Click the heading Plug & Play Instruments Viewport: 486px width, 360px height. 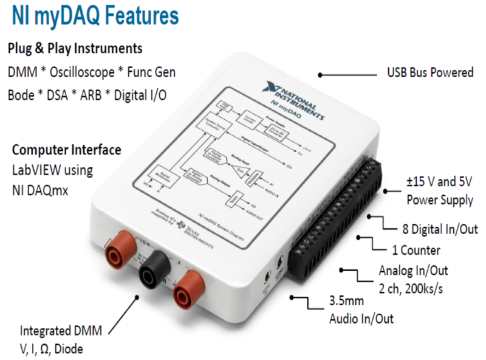click(75, 48)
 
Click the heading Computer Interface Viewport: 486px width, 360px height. click(67, 150)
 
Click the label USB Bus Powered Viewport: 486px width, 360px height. click(430, 73)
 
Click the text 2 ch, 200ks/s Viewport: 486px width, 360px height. click(411, 288)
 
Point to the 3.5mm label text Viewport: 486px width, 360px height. click(347, 300)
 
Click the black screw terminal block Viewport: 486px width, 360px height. click(337, 213)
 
